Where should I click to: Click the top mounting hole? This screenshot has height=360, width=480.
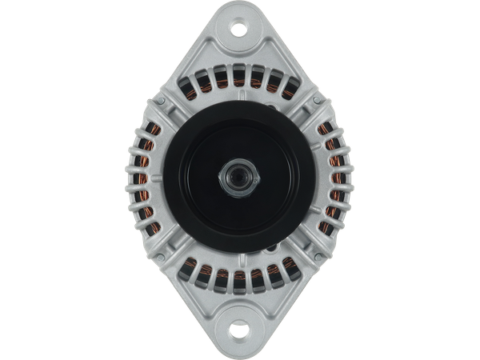point(240,30)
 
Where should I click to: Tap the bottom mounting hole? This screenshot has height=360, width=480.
point(240,329)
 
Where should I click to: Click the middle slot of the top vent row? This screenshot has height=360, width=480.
point(240,78)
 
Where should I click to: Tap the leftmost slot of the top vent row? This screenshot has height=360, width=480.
point(194,86)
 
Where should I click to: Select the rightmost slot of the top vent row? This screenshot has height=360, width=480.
point(286,86)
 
